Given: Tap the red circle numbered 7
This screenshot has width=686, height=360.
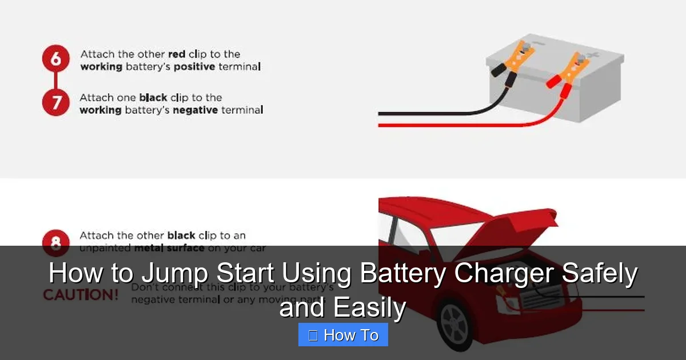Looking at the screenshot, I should (56, 102).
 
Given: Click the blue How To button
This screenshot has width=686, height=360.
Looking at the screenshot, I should (343, 335).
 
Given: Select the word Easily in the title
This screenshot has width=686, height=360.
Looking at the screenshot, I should (369, 309).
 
